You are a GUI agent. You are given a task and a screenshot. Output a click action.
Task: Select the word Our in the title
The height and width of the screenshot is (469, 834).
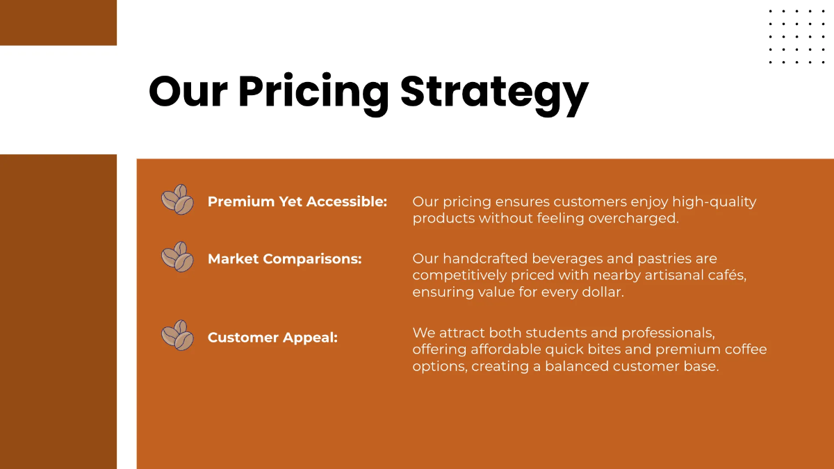(x=188, y=92)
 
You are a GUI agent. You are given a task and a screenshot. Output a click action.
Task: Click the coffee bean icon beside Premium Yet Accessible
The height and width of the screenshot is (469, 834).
(x=177, y=199)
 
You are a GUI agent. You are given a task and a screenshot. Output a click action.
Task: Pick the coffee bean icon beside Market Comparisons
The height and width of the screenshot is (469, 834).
(x=177, y=257)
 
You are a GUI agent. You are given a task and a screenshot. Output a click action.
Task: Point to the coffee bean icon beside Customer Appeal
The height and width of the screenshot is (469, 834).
(x=177, y=336)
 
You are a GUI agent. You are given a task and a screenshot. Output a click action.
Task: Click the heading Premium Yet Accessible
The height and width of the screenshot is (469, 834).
(x=297, y=201)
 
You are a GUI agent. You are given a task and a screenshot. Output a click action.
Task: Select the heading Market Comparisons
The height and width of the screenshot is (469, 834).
(x=285, y=258)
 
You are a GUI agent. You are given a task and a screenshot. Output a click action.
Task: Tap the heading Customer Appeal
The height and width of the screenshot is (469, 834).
(x=272, y=338)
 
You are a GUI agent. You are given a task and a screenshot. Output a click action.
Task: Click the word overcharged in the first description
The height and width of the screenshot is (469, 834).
(x=633, y=218)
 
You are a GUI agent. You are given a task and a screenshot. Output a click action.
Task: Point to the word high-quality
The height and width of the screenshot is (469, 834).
(x=714, y=202)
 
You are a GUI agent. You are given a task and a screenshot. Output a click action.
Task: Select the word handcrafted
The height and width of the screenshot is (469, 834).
(x=486, y=258)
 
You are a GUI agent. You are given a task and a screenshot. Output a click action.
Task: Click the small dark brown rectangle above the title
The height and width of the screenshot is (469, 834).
(x=58, y=23)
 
